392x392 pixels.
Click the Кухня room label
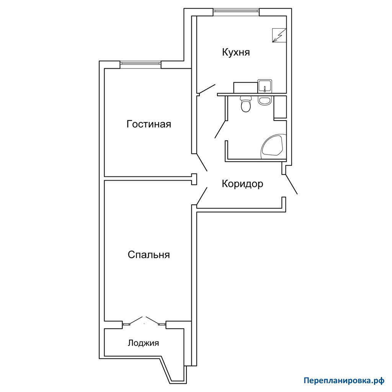[236, 52]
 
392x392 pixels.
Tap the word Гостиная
[149, 124]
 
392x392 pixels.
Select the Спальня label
[149, 255]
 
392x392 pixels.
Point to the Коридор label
[242, 184]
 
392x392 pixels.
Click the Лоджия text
[143, 343]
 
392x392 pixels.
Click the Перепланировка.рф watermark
[344, 381]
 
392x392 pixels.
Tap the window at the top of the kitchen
[236, 11]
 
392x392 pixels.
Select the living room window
[140, 64]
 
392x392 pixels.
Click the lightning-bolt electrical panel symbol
[279, 36]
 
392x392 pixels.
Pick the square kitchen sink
[265, 86]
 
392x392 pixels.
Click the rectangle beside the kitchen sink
[245, 88]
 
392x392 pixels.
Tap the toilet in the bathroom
[246, 104]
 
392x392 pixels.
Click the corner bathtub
[273, 147]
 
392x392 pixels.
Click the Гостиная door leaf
[202, 162]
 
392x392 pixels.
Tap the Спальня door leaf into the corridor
[202, 196]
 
